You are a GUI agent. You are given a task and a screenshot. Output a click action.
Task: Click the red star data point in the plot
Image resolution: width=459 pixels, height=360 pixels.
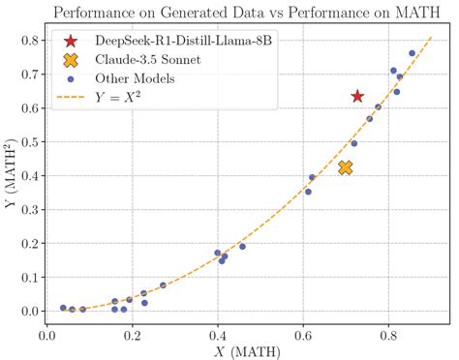(357, 96)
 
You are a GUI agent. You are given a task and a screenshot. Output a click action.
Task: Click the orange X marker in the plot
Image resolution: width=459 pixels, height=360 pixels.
(346, 167)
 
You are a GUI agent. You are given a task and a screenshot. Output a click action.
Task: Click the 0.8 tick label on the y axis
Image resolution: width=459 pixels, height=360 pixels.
(28, 41)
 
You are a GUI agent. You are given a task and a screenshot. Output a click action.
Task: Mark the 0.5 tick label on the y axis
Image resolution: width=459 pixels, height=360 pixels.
(28, 142)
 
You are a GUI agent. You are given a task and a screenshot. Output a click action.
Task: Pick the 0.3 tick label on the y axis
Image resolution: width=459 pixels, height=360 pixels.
(28, 210)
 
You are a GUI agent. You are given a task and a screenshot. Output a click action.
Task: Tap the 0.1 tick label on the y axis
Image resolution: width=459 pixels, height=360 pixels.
(28, 278)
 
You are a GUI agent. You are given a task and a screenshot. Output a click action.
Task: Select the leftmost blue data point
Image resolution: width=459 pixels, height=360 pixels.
(63, 308)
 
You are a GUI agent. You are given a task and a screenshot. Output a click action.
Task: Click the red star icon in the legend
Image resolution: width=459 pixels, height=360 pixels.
(70, 43)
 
